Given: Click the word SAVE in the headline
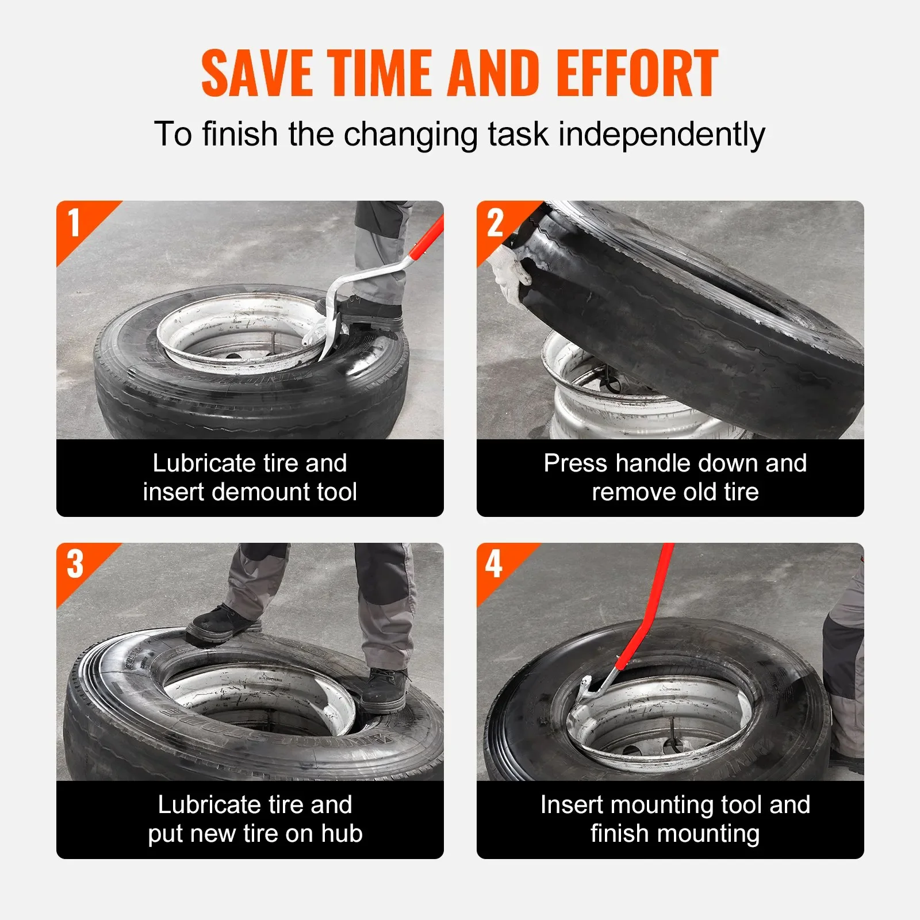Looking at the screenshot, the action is [257, 73].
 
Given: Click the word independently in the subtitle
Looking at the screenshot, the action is [662, 135].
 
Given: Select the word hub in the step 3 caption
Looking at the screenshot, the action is [342, 833].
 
